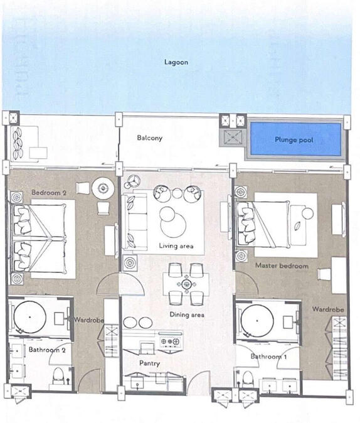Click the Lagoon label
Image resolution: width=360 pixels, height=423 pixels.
click(176, 62)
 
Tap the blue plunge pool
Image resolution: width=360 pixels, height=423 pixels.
click(295, 139)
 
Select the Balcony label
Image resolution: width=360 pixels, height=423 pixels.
click(150, 138)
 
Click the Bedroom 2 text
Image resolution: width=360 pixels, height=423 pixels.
click(49, 193)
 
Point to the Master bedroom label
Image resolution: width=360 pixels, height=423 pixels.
click(282, 265)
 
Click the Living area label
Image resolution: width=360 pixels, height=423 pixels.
click(176, 246)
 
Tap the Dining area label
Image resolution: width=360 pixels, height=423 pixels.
click(187, 314)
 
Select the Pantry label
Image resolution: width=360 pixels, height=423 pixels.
click(150, 363)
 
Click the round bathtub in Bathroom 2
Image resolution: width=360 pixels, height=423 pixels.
click(30, 317)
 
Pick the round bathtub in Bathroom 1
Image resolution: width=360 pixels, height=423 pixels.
click(257, 321)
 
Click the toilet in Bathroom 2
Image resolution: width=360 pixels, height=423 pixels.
click(58, 376)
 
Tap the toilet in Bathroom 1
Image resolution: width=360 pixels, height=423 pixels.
click(247, 379)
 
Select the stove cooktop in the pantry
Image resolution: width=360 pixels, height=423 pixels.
click(170, 341)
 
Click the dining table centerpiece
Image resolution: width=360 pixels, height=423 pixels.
click(186, 284)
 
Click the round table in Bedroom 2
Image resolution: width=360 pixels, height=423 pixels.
click(103, 188)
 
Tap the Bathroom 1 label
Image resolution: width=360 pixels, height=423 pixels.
click(268, 356)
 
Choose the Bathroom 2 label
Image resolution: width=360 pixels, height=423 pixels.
click(47, 350)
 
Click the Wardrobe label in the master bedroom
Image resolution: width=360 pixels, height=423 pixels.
click(328, 309)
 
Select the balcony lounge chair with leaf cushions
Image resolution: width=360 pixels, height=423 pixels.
click(24, 143)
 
